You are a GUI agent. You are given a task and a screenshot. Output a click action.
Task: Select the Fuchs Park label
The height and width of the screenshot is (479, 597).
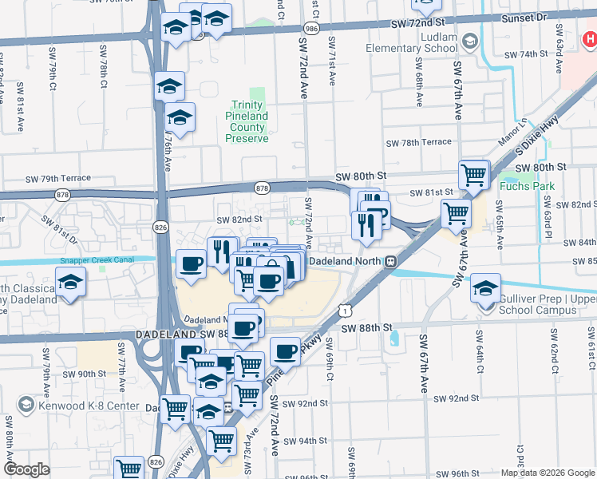coord(524,187)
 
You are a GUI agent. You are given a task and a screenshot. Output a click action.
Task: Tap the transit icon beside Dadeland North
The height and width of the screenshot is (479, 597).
coord(391,261)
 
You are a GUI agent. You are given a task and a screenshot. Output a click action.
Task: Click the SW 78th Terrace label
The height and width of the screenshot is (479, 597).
coord(418,143)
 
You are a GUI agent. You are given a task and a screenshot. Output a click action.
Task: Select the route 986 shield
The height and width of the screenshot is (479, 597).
coord(312,28)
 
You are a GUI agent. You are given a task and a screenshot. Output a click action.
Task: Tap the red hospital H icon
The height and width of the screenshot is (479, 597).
coord(588,37)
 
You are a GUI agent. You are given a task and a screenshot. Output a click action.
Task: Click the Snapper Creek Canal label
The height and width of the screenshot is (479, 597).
coord(101,260)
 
